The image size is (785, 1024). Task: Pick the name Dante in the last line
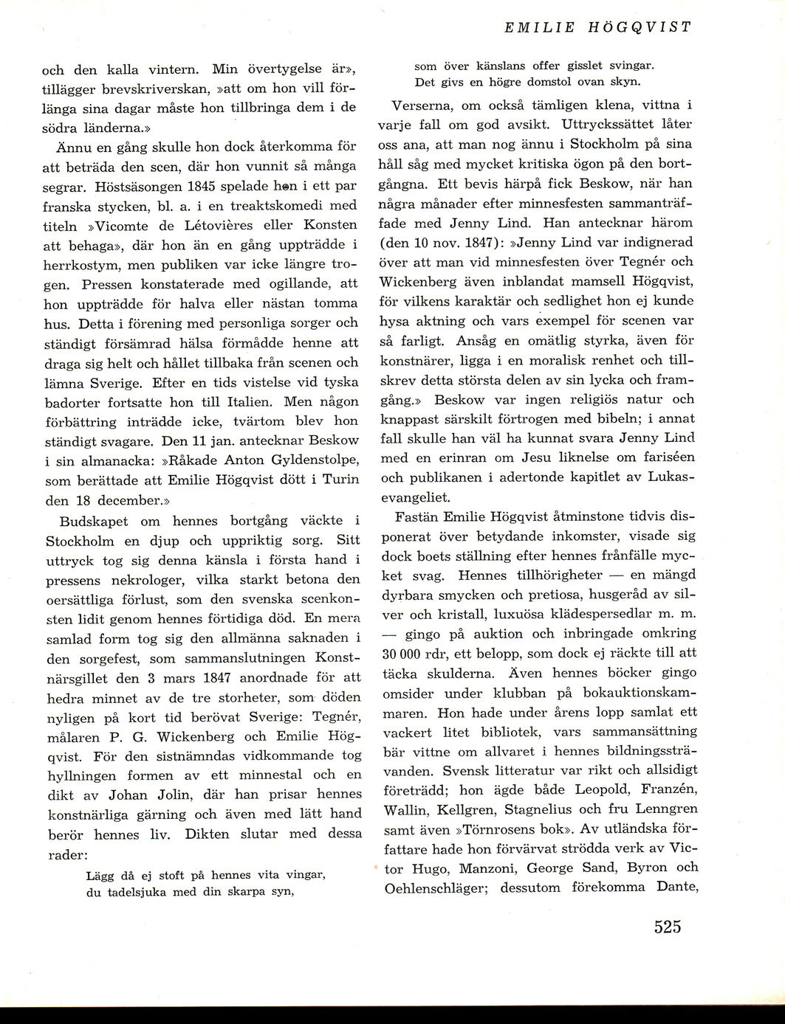pos(677,888)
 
